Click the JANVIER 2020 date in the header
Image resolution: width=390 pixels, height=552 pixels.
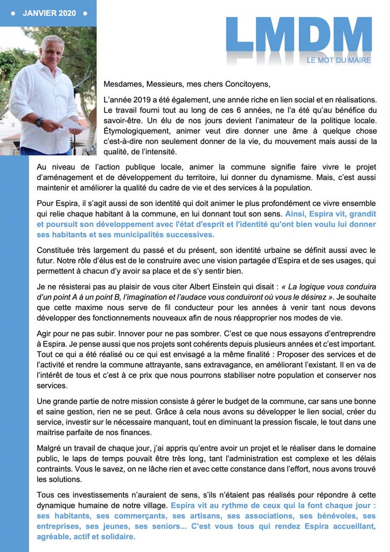pos(50,13)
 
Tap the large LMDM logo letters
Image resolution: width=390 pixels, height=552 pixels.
pos(298,37)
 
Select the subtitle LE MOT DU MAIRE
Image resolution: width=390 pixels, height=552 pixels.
pos(339,60)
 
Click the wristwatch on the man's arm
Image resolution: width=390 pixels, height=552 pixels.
pos(39,122)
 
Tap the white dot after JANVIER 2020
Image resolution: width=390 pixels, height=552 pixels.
pos(85,13)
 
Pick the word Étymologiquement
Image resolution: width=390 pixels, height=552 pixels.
pos(138,131)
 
